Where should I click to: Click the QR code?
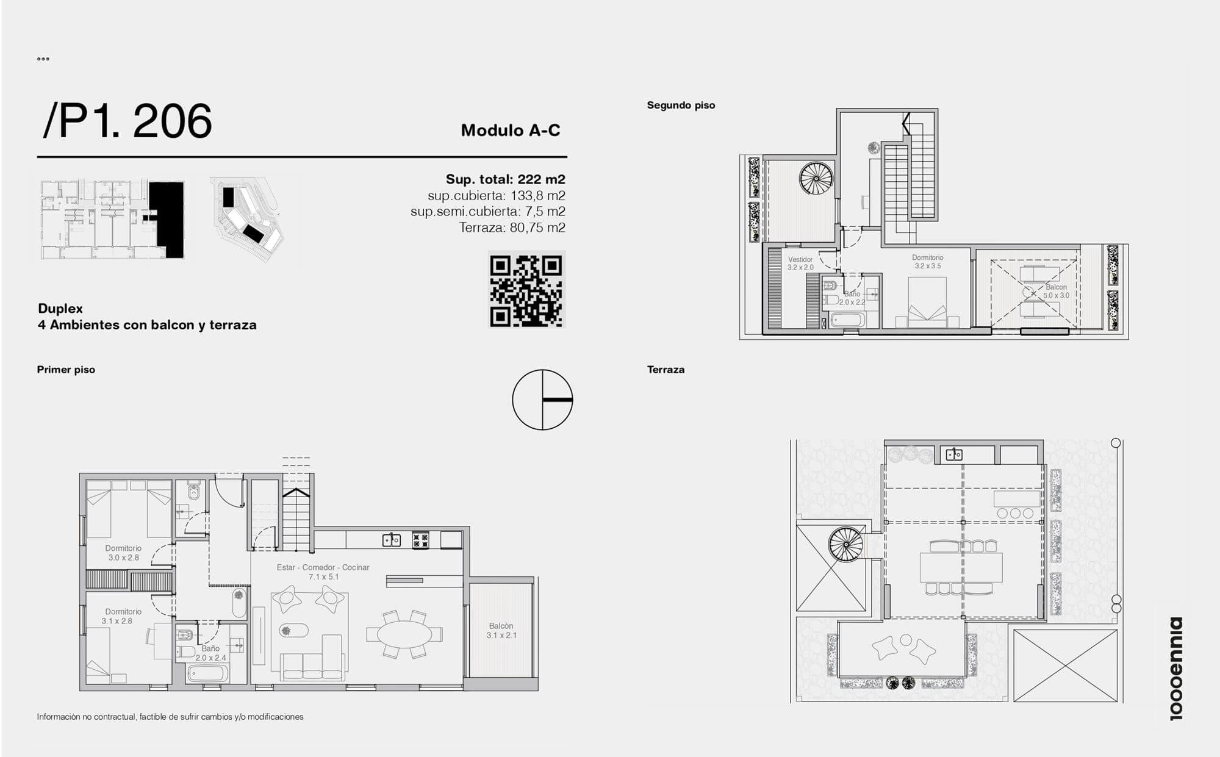click(527, 289)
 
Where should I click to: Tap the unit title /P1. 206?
click(127, 121)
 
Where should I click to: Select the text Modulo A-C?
click(511, 130)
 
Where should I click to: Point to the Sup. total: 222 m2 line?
click(505, 179)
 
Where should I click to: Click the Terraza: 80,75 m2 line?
click(512, 228)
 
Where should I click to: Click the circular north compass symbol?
click(542, 400)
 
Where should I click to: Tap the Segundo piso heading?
click(681, 105)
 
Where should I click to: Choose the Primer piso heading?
click(66, 369)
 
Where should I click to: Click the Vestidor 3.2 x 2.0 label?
click(800, 264)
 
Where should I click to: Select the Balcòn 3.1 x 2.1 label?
click(501, 631)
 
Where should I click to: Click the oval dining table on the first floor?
click(404, 635)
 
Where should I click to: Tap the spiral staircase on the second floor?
click(816, 178)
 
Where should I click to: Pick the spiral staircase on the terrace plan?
click(846, 544)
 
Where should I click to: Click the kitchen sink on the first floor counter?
click(392, 540)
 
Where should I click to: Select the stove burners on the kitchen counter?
click(420, 540)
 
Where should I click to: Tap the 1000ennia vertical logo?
click(1176, 669)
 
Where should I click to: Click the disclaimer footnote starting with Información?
click(170, 717)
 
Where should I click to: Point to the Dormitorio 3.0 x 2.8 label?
click(123, 553)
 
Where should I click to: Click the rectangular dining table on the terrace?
click(961, 567)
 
